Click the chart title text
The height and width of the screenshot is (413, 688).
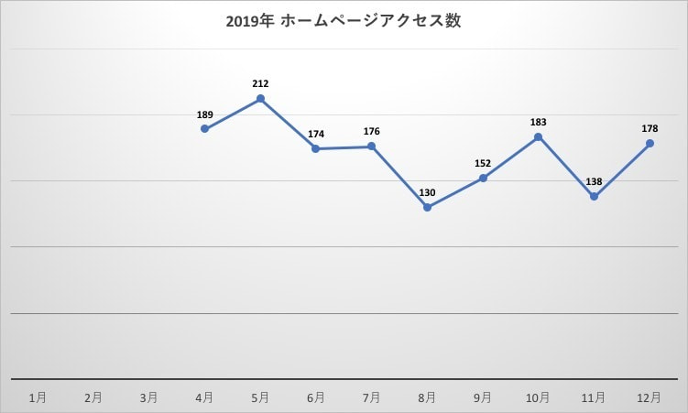pos(344,21)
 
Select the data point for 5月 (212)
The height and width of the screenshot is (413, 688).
pos(261,98)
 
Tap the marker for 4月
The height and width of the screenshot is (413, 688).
pos(205,129)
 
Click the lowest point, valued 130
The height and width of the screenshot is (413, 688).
pos(428,208)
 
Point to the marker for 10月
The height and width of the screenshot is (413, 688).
pos(539,137)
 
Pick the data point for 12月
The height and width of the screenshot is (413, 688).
pos(650,143)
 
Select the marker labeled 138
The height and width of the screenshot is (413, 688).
pos(595,197)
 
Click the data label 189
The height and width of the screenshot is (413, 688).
pos(205,114)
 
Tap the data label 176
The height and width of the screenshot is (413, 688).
pos(372,132)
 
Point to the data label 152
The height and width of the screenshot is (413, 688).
pos(483,163)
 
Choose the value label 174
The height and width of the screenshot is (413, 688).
pos(316,134)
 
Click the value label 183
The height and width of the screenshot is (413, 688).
pos(539,122)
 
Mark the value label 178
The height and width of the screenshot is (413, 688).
pos(650,128)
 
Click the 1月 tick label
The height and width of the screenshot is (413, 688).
pos(38,397)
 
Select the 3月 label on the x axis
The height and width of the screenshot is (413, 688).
pos(149,397)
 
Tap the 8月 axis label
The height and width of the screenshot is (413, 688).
pos(427,397)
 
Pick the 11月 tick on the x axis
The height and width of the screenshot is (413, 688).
pos(594,397)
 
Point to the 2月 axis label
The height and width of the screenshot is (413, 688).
pos(93,397)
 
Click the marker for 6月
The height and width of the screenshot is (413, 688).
pos(316,148)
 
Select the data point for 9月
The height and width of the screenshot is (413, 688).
pos(483,178)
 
